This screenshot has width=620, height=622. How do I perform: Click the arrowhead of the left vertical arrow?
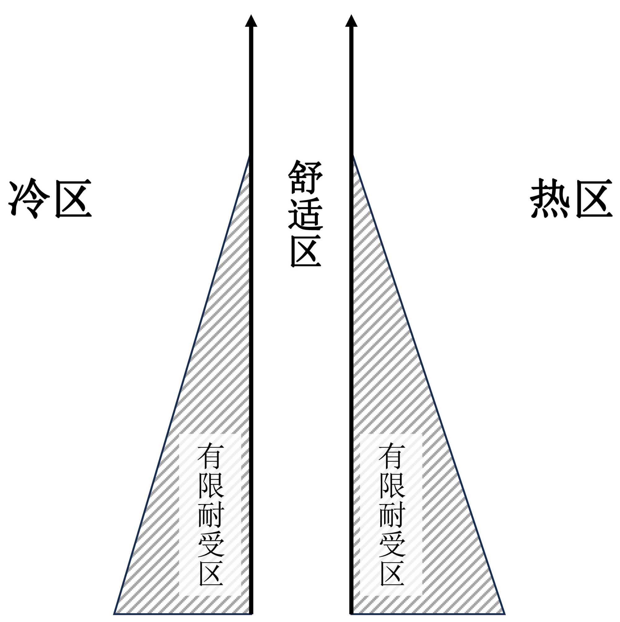(251, 21)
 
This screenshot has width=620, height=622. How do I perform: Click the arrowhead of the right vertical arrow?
(351, 21)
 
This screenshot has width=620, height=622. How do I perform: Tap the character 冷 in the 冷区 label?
(29, 198)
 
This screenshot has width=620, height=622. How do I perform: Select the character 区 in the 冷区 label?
(73, 198)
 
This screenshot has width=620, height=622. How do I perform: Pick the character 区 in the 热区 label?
(594, 198)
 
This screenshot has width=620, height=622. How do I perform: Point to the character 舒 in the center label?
(305, 177)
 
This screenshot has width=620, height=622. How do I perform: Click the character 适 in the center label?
(305, 214)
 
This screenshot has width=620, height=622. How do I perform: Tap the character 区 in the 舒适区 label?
(305, 251)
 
